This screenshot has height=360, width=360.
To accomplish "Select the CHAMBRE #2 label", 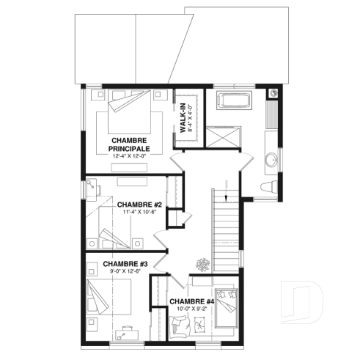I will click(139, 205).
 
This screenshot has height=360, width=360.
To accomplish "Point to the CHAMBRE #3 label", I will click(125, 264).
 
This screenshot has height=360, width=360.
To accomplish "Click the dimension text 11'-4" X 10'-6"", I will click(139, 213).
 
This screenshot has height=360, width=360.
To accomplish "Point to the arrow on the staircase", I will click(227, 196).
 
